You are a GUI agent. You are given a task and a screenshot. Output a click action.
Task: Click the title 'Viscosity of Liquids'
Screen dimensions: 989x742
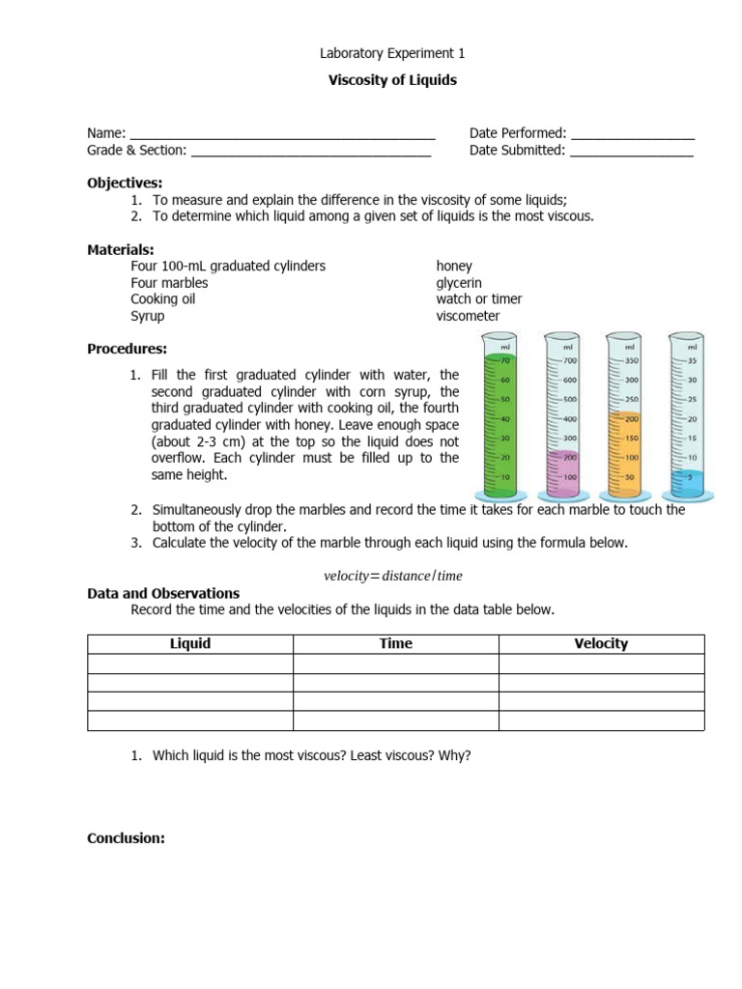click(x=392, y=80)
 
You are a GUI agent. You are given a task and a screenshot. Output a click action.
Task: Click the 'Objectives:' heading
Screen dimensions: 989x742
click(x=125, y=183)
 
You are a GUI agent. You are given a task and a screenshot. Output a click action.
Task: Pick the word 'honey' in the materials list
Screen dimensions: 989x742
click(x=454, y=266)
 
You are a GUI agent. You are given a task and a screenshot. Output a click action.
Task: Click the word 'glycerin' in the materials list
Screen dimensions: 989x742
click(x=459, y=283)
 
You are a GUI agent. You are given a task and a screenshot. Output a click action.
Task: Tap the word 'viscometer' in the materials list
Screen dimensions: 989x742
click(x=468, y=316)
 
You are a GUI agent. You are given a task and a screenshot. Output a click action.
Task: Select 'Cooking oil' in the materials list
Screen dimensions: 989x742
click(x=164, y=299)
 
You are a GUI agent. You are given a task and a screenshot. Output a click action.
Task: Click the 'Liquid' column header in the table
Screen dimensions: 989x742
click(x=190, y=644)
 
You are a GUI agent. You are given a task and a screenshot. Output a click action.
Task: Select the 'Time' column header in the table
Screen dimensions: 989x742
click(x=395, y=644)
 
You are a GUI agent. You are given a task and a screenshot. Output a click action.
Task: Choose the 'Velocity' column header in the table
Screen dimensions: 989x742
click(x=601, y=644)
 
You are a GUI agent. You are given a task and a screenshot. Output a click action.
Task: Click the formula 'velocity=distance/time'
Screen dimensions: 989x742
click(x=393, y=576)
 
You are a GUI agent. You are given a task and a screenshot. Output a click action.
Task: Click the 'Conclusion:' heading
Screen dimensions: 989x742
click(x=126, y=838)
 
